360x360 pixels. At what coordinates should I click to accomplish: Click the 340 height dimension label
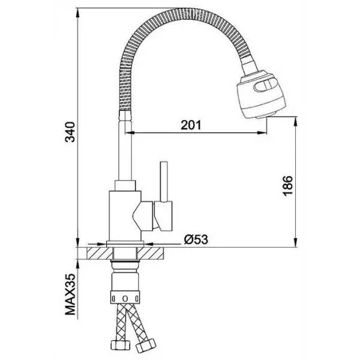[x=70, y=132]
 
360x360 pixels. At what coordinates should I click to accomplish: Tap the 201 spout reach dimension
[x=191, y=125]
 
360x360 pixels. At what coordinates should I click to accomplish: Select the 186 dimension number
[x=287, y=186]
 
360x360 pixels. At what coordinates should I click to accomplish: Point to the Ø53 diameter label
[x=196, y=239]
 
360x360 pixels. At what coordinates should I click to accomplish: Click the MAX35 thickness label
[x=70, y=295]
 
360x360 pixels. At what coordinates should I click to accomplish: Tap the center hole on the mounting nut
[x=125, y=298]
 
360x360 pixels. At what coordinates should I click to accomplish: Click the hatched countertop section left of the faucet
[x=100, y=253]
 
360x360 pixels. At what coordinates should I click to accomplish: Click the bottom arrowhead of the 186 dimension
[x=296, y=242]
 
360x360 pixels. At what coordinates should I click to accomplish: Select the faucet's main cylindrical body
[x=125, y=216]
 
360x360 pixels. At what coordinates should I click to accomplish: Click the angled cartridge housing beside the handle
[x=143, y=216]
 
